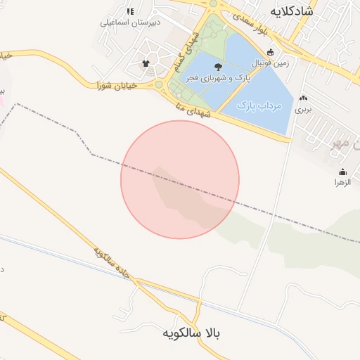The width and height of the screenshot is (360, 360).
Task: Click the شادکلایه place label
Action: click(x=291, y=12)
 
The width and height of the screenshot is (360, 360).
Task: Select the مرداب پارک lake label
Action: click(x=259, y=105)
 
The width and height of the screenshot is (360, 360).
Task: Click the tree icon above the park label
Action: click(x=217, y=67)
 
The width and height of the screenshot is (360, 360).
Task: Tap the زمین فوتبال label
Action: click(x=271, y=63)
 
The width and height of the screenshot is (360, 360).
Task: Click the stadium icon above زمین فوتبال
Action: click(x=271, y=52)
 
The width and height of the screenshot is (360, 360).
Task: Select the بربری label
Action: click(x=303, y=110)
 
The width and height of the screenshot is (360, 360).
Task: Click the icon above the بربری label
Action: click(x=303, y=98)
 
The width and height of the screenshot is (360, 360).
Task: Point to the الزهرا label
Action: click(x=342, y=183)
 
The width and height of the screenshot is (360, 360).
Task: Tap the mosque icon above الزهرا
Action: click(x=342, y=172)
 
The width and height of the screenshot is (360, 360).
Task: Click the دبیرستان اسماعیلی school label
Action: click(x=130, y=22)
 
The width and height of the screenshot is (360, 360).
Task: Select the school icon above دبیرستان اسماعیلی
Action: click(x=130, y=11)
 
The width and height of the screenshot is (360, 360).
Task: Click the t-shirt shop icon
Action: click(x=146, y=63)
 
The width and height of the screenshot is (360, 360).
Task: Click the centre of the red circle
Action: click(x=180, y=179)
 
